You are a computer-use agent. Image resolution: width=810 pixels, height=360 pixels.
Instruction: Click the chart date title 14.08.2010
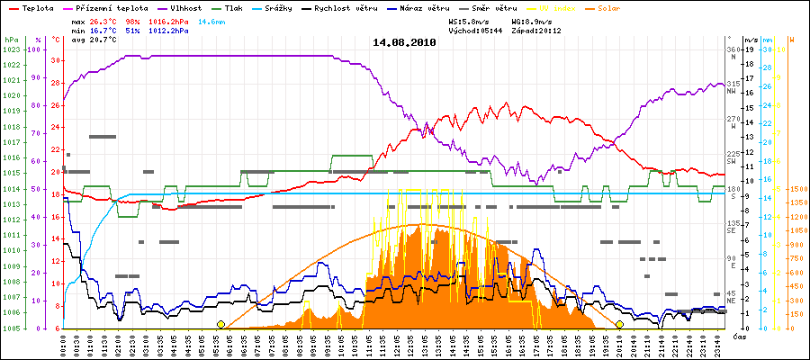pos(404,42)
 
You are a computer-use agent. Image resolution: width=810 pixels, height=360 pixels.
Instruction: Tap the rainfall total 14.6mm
pos(212,21)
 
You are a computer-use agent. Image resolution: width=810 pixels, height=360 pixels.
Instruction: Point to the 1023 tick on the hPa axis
pos(11,49)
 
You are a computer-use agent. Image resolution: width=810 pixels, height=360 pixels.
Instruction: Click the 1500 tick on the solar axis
pos(797,189)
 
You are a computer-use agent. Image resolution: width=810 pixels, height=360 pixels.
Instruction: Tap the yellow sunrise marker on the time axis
pos(220,324)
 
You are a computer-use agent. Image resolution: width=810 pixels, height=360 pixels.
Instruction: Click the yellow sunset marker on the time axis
pos(619,324)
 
